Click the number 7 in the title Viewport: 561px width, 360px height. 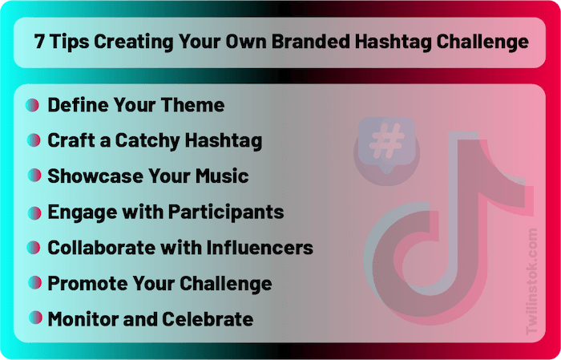coord(39,42)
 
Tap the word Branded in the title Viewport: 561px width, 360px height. coord(310,42)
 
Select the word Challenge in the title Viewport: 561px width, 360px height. coord(482,42)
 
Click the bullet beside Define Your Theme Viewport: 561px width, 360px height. coord(32,105)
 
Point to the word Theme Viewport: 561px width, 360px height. coord(193,105)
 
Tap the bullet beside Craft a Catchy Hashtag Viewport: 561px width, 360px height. coord(34,140)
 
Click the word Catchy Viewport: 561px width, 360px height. coord(147,140)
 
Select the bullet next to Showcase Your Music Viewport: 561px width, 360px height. coord(34,176)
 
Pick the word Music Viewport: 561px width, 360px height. coord(222,176)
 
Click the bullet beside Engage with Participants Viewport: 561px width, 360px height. coord(34,213)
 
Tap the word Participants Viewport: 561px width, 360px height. coord(226,212)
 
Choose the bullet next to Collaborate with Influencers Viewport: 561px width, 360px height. coord(34,248)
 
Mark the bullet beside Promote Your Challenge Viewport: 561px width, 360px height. coord(34,283)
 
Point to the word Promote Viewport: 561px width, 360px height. coord(87,284)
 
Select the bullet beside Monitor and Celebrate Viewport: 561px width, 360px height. coord(35,318)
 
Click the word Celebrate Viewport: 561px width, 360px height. coord(208,319)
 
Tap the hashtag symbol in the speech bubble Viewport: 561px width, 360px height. coord(386,140)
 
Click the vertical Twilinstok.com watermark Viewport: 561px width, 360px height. coord(531,281)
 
